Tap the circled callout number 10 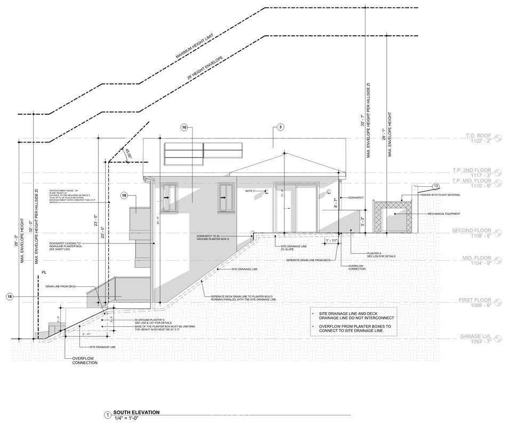[185, 128]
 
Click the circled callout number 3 [280, 128]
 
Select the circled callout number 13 [436, 186]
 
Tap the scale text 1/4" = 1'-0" [124, 418]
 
